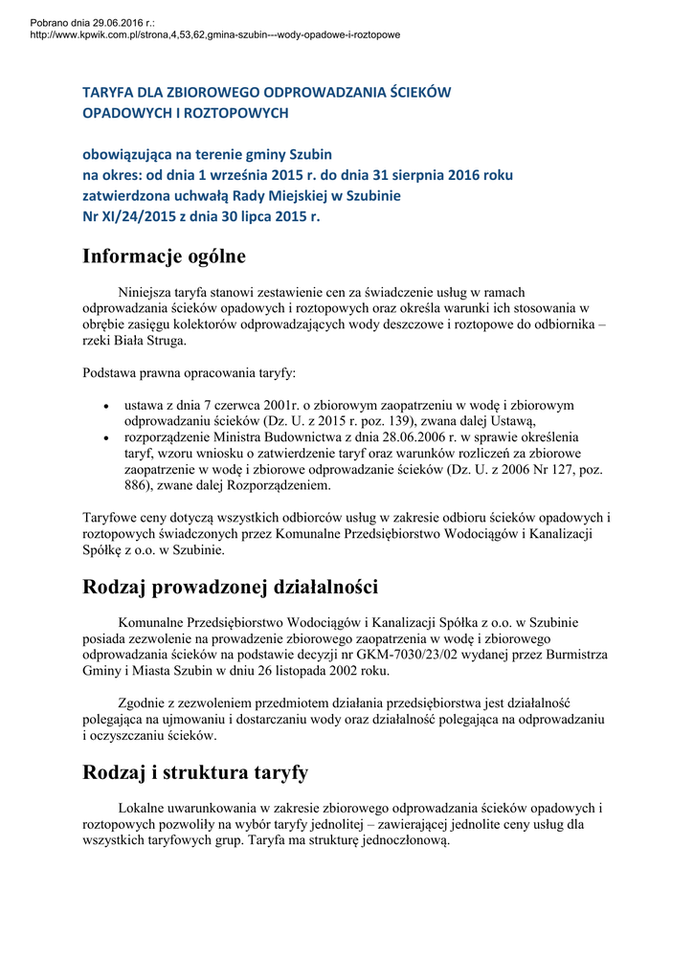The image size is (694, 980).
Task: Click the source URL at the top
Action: [214, 34]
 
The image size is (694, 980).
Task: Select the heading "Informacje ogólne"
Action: [164, 256]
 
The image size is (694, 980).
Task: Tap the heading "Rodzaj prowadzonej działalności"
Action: [230, 587]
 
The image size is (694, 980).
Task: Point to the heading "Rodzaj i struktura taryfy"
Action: [195, 772]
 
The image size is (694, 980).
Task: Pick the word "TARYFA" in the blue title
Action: [106, 93]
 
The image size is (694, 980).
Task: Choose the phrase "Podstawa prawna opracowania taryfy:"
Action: [190, 371]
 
